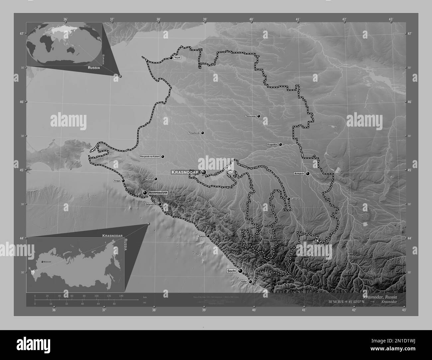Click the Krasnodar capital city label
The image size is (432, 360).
coord(185,172)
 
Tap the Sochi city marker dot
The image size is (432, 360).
coord(240,271)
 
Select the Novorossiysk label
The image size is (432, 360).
coord(158,193)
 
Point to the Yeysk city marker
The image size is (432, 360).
coord(171,58)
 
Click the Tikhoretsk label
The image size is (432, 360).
coord(251,116)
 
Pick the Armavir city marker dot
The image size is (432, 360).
coord(308,173)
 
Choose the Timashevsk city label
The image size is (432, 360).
coord(194,133)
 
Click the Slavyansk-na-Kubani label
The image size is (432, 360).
coord(150,156)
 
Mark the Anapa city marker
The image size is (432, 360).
coord(123,181)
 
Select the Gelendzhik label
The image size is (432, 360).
coord(151,204)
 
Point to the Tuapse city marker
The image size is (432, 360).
coord(208,236)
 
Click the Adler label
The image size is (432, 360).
coord(244,282)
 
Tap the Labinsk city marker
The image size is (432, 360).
coord(288,199)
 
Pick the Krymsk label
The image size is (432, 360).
coord(150,179)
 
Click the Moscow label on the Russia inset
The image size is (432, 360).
coord(47,262)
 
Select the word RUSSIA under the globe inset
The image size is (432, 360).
coord(93,67)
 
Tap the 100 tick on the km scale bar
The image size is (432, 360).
coord(97,296)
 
